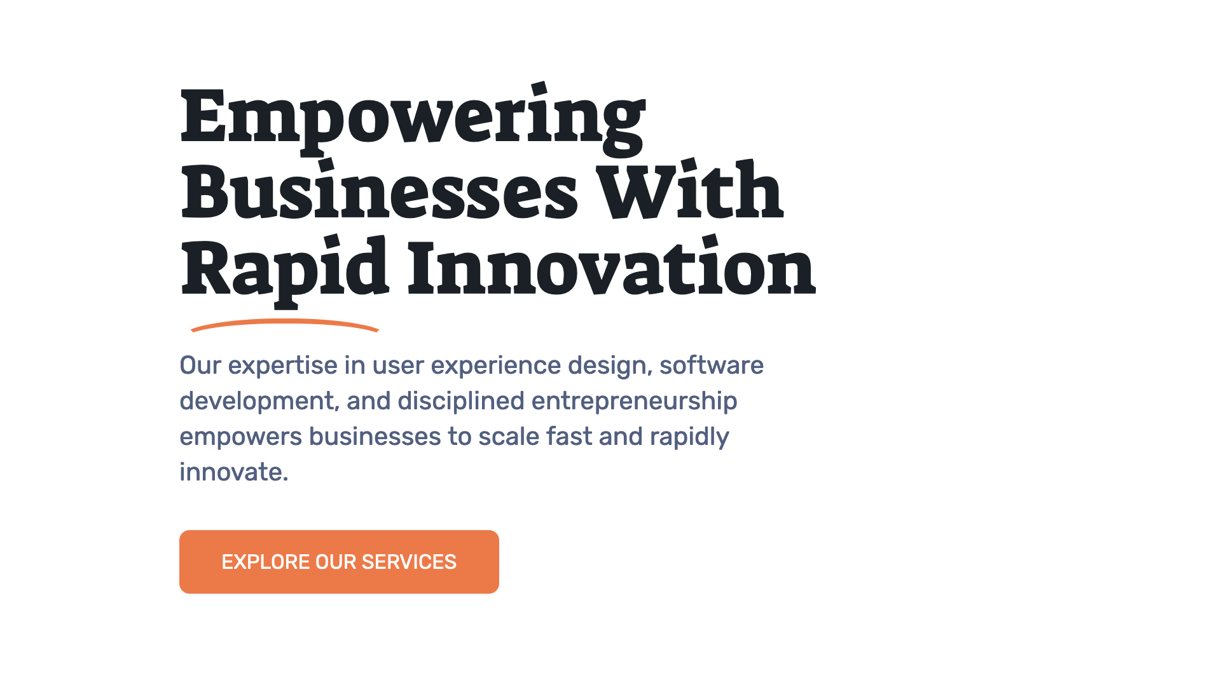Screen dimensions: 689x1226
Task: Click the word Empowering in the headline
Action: pos(413,118)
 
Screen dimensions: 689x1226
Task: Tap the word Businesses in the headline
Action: pos(380,193)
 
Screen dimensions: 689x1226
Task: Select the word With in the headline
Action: pos(689,191)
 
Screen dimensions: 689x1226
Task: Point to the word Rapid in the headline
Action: pos(284,269)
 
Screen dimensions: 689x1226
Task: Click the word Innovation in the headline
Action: pos(611,268)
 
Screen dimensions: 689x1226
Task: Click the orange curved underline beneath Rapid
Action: pos(284,324)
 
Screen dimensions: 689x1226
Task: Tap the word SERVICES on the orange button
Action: pos(409,563)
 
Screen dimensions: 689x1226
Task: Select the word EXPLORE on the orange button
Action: pos(265,563)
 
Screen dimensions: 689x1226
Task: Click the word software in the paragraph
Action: pos(712,365)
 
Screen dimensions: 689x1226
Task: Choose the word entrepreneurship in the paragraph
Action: pos(634,402)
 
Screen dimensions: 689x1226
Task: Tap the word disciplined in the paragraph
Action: pos(461,402)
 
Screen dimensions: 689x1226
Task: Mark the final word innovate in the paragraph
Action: pos(233,473)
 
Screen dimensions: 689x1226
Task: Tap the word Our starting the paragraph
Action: pos(200,366)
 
